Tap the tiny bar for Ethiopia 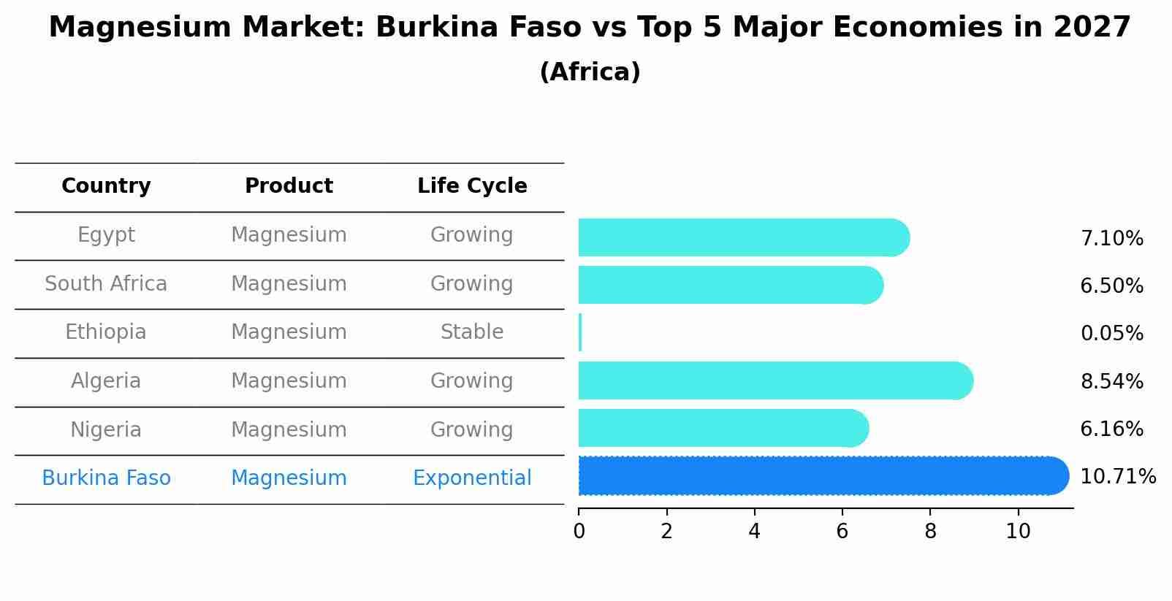(580, 333)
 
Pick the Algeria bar (775, 380)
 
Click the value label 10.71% (1117, 477)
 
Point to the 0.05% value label (1111, 334)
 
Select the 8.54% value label (1111, 381)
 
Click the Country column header (106, 186)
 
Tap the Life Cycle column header (472, 186)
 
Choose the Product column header (289, 186)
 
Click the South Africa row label (106, 283)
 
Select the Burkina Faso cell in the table (106, 478)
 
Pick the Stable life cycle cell (472, 332)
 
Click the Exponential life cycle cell (472, 478)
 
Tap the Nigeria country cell (106, 429)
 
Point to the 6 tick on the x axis (842, 531)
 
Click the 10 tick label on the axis (1018, 531)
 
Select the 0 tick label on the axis (579, 531)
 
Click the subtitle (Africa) (590, 72)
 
